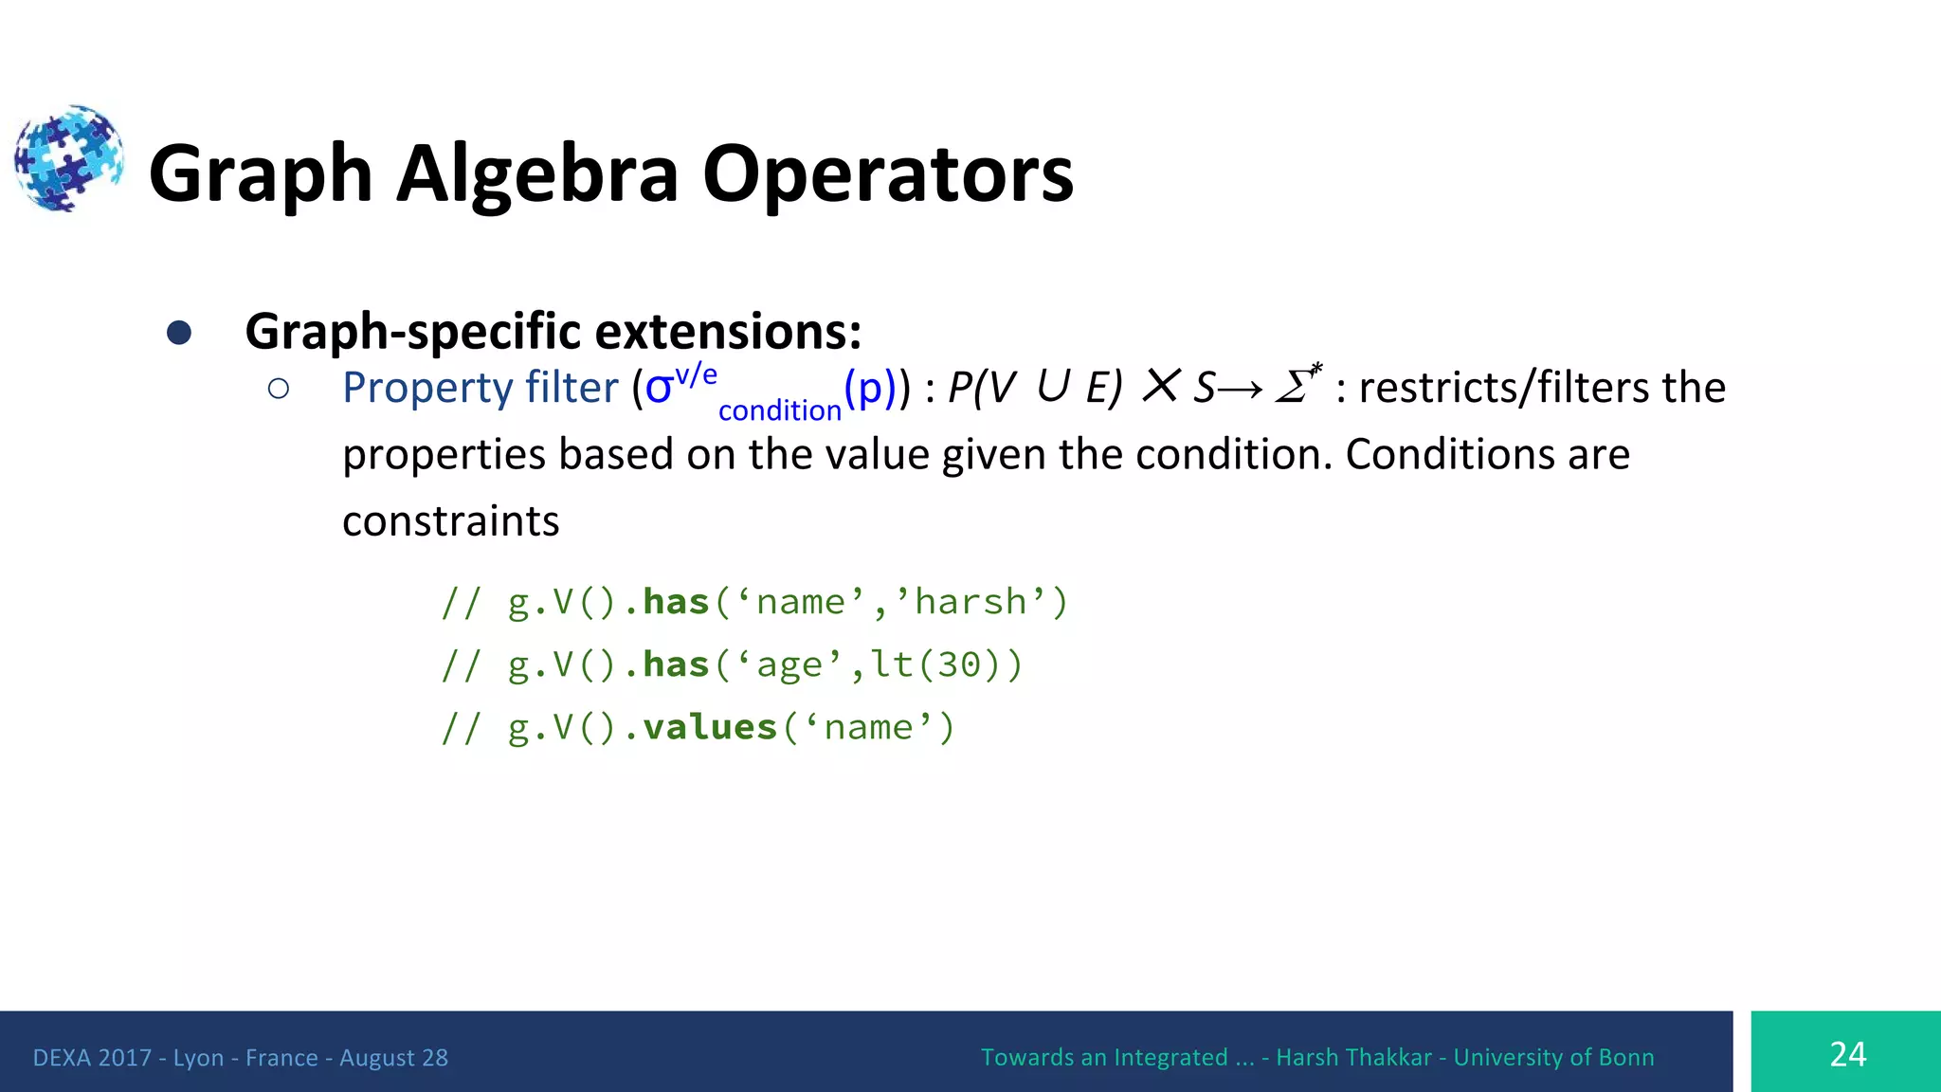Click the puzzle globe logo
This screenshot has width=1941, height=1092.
(68, 157)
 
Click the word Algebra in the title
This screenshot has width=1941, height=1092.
(537, 174)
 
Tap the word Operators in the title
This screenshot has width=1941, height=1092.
(887, 174)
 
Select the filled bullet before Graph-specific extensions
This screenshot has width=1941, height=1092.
(179, 333)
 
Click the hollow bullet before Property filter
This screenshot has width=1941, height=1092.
(278, 389)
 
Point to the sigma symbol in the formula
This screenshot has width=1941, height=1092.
(659, 388)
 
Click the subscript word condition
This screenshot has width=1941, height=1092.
(779, 410)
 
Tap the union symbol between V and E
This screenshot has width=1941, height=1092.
(1053, 387)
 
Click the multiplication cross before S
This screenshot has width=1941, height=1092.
(1160, 386)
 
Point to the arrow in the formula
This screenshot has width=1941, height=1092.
(1241, 389)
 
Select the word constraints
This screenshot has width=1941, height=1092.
(451, 521)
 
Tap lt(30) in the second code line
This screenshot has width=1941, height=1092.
(934, 665)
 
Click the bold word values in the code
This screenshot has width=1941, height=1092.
(710, 728)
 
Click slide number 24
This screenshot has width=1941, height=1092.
(1847, 1054)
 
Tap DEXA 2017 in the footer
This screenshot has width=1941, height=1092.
(92, 1058)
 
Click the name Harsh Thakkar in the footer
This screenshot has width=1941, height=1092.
(1353, 1058)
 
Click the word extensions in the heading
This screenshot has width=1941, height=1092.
(728, 332)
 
